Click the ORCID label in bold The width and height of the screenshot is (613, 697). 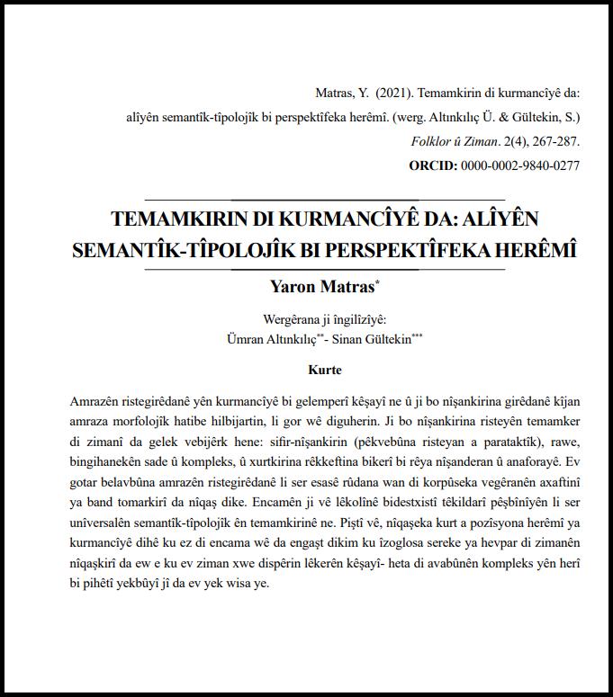pos(433,165)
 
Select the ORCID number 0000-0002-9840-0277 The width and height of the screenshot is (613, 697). pos(520,165)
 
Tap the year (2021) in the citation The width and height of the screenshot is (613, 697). pos(393,93)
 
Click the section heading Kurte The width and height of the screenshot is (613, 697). pos(325,370)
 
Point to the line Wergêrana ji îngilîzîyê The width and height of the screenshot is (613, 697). pos(324,320)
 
